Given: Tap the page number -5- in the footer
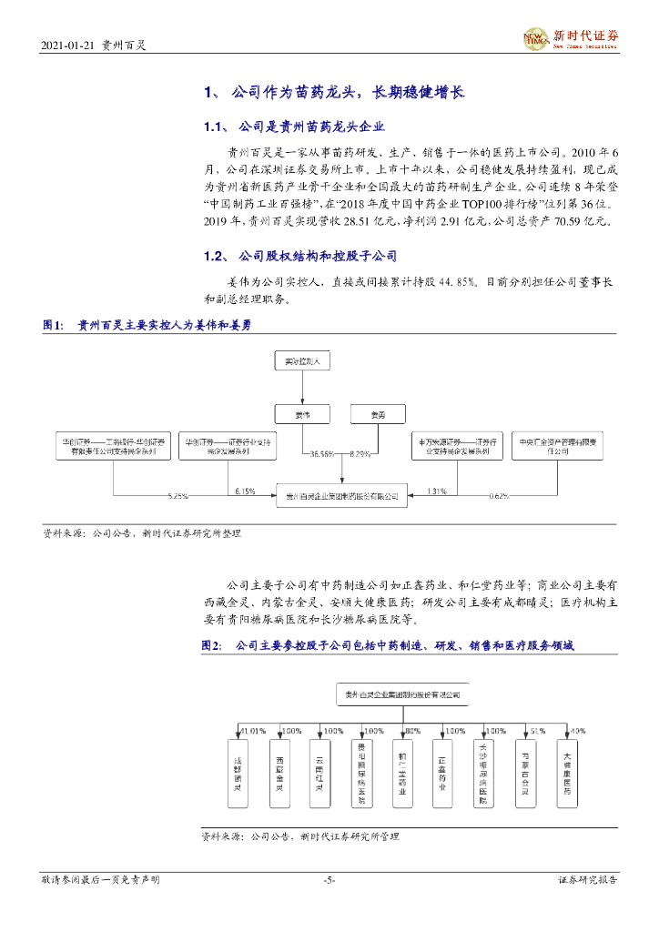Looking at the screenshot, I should click(329, 879).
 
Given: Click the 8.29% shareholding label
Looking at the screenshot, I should click(360, 453).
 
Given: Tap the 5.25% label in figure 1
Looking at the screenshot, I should click(177, 496).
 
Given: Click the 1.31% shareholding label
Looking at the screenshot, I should click(436, 491).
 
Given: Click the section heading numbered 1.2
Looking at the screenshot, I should click(299, 257).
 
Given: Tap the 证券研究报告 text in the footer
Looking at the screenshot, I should click(587, 879).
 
